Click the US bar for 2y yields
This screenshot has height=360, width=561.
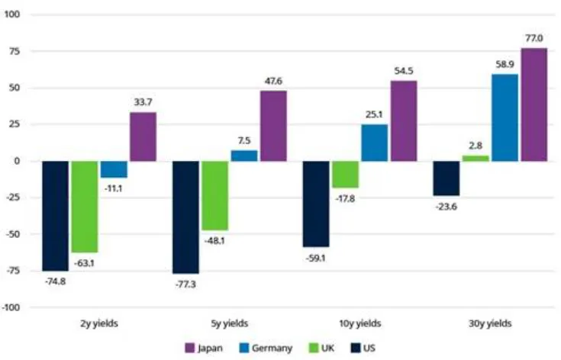point(56,216)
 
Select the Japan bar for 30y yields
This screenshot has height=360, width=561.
point(534,104)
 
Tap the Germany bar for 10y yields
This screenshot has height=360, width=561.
point(374,143)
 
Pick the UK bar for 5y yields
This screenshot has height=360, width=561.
point(215,195)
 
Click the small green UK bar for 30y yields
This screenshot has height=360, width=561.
point(475,159)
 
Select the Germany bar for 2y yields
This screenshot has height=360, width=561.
point(114,169)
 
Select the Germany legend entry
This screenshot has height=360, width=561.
point(263,348)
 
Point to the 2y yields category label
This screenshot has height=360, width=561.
point(99,323)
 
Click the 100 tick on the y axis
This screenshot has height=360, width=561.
point(15,14)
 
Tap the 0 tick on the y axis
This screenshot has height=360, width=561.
point(20,161)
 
